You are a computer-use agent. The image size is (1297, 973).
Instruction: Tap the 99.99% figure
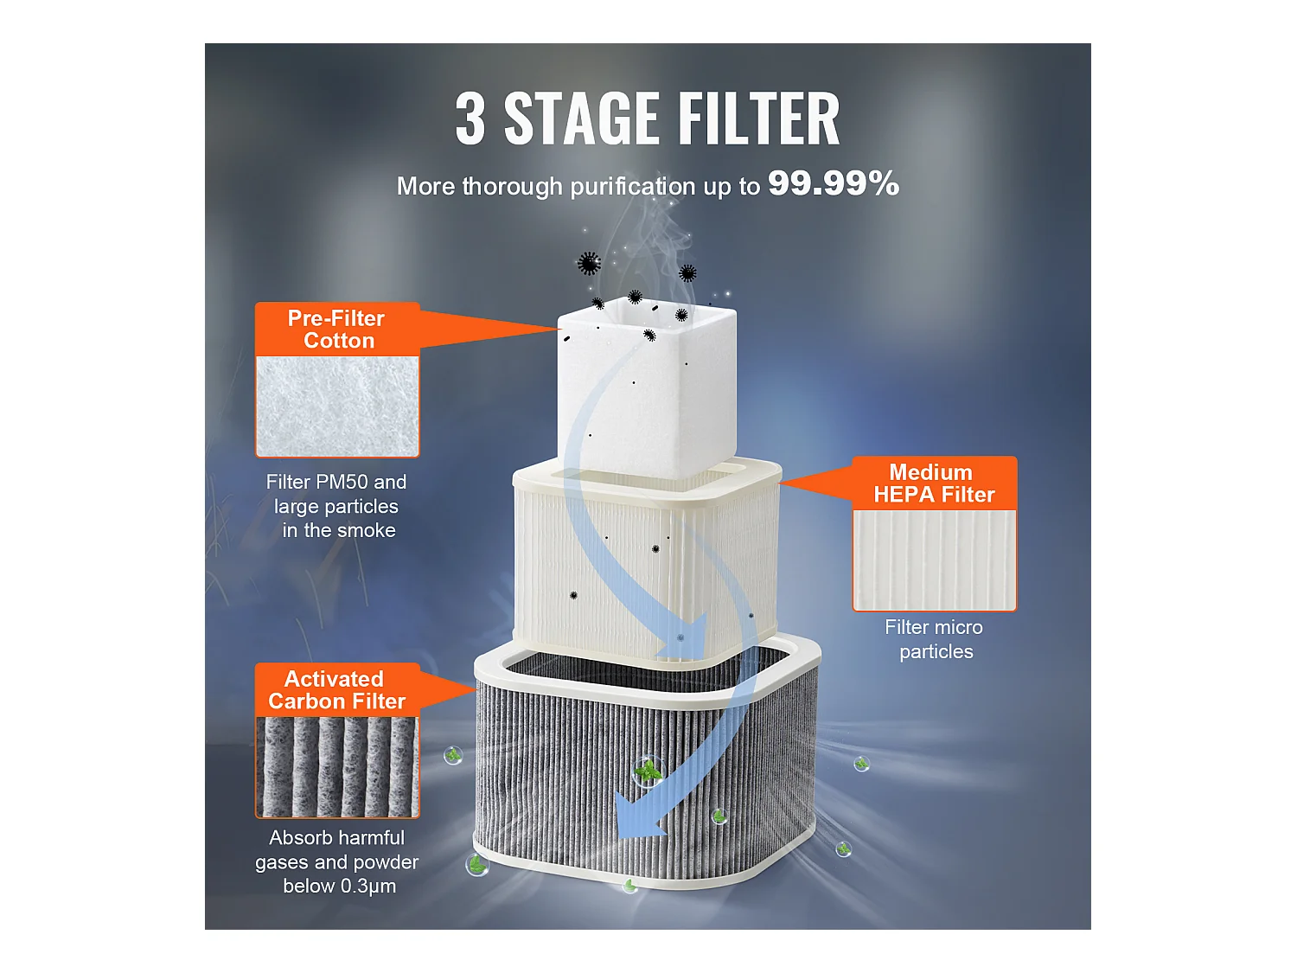(833, 183)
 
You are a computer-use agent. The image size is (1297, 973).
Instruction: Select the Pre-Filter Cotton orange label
(337, 330)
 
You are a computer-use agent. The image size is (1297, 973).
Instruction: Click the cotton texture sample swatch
(337, 406)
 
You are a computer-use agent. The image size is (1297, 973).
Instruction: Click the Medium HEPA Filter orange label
(933, 483)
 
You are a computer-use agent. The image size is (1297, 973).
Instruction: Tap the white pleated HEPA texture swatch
(934, 560)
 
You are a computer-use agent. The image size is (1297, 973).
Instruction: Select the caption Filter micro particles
(934, 639)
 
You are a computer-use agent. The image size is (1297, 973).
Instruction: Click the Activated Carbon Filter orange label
(337, 690)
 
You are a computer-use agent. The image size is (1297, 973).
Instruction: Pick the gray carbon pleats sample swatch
(337, 766)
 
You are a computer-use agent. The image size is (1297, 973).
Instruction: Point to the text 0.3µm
(367, 887)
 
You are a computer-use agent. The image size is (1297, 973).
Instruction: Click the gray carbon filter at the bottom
(553, 778)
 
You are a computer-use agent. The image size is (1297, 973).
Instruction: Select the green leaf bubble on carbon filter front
(647, 770)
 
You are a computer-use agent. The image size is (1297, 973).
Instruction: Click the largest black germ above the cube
(589, 263)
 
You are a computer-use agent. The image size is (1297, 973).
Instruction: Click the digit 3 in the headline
(470, 119)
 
